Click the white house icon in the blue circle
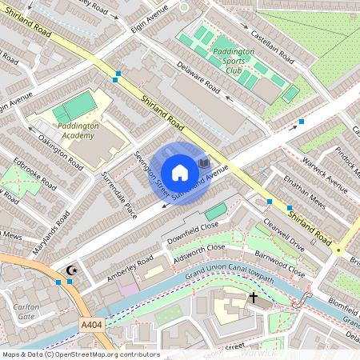pos(180,172)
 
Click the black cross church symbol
pos(254,298)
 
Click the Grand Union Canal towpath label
pos(229,277)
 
